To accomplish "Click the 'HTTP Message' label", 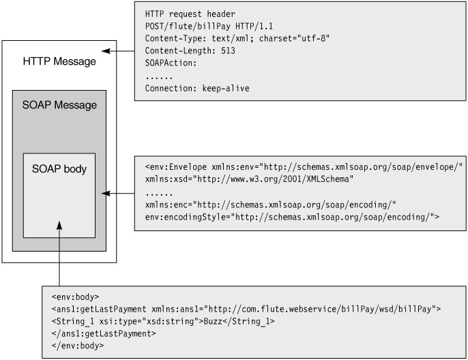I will pyautogui.click(x=59, y=62).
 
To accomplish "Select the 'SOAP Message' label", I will pyautogui.click(x=59, y=106).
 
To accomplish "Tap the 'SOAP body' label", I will pyautogui.click(x=59, y=168).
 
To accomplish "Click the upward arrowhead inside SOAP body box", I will pyautogui.click(x=59, y=224).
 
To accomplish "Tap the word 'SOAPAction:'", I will pyautogui.click(x=171, y=63).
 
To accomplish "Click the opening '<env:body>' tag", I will pyautogui.click(x=76, y=297).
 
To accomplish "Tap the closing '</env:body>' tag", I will pyautogui.click(x=78, y=346).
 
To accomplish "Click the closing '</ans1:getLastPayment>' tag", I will pyautogui.click(x=104, y=333).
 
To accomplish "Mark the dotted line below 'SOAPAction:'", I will pyautogui.click(x=158, y=76).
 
